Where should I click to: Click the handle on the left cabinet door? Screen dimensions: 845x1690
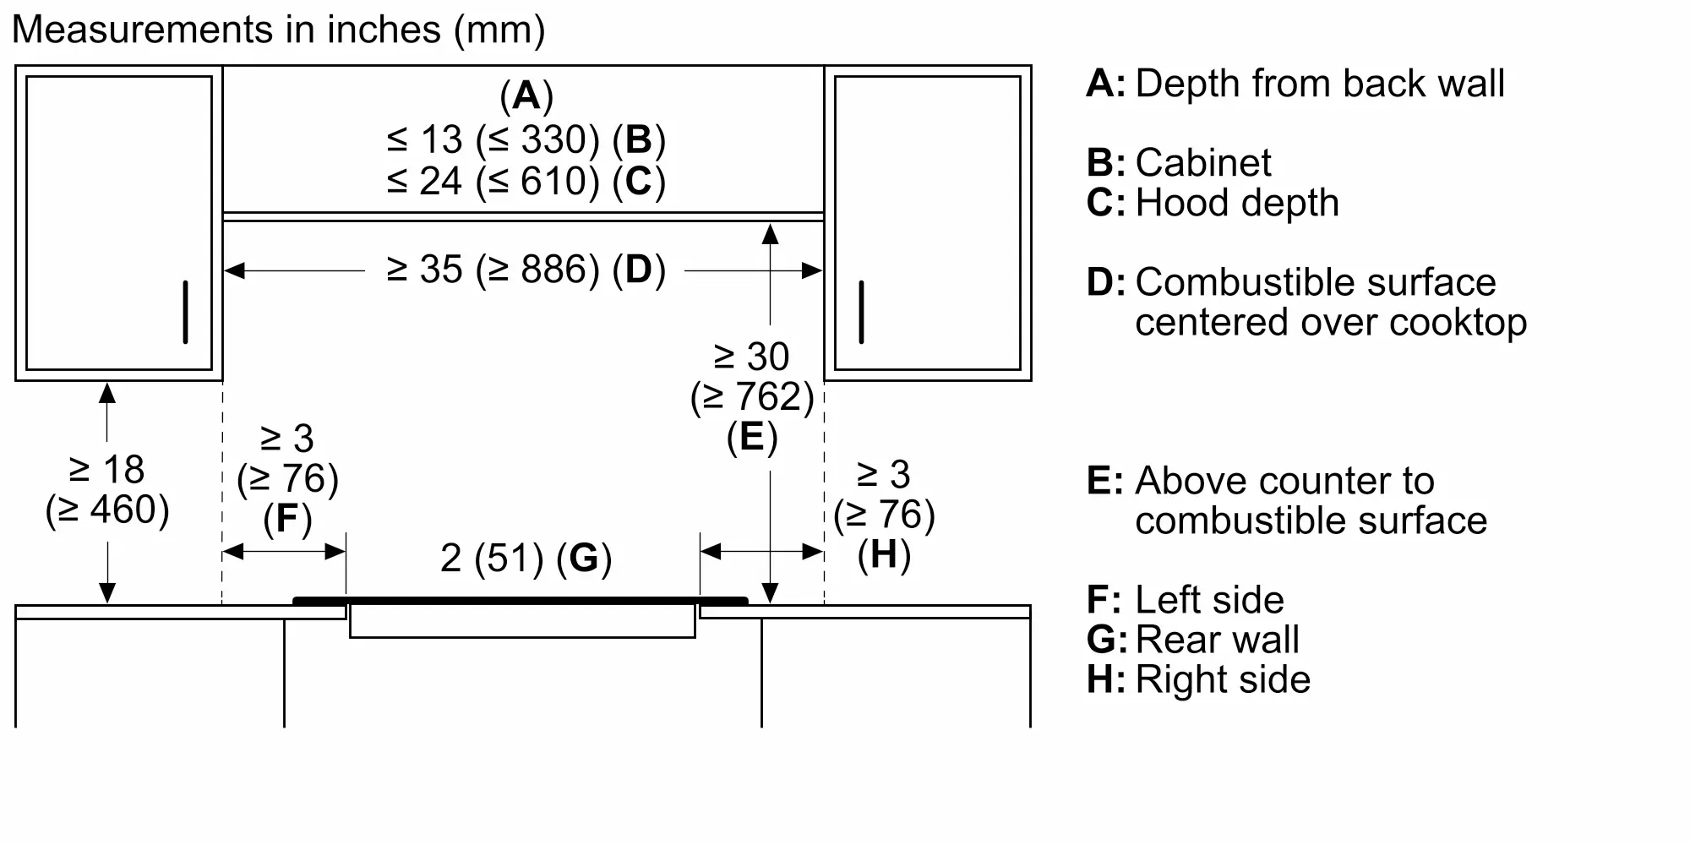pyautogui.click(x=185, y=312)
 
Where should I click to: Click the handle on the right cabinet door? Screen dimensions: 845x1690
pyautogui.click(x=861, y=312)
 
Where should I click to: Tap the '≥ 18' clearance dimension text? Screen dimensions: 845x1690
pyautogui.click(x=107, y=469)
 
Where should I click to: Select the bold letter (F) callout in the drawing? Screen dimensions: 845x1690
pyautogui.click(x=287, y=519)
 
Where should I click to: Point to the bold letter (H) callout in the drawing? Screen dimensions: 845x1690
pyautogui.click(x=884, y=555)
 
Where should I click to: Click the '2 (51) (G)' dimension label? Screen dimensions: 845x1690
pyautogui.click(x=526, y=559)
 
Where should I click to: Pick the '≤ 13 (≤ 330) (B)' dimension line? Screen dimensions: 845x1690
pyautogui.click(x=526, y=140)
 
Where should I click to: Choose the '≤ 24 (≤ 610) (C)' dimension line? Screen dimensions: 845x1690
pyautogui.click(x=526, y=182)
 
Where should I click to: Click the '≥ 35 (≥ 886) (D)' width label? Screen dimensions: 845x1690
pyautogui.click(x=526, y=270)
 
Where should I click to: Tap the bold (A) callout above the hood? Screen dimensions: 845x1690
pyautogui.click(x=526, y=95)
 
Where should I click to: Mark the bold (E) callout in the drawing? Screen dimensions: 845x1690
pyautogui.click(x=751, y=438)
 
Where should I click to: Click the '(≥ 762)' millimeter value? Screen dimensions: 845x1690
pyautogui.click(x=751, y=397)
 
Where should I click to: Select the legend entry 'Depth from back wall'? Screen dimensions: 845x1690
pyautogui.click(x=1319, y=84)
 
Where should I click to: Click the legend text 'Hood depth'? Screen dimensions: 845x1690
pyautogui.click(x=1237, y=203)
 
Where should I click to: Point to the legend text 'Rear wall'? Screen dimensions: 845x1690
pyautogui.click(x=1217, y=640)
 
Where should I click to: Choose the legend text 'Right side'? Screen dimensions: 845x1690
pyautogui.click(x=1223, y=679)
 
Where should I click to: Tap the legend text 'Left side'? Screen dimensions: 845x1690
pyautogui.click(x=1209, y=600)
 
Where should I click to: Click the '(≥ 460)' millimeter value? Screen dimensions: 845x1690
pyautogui.click(x=107, y=510)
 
